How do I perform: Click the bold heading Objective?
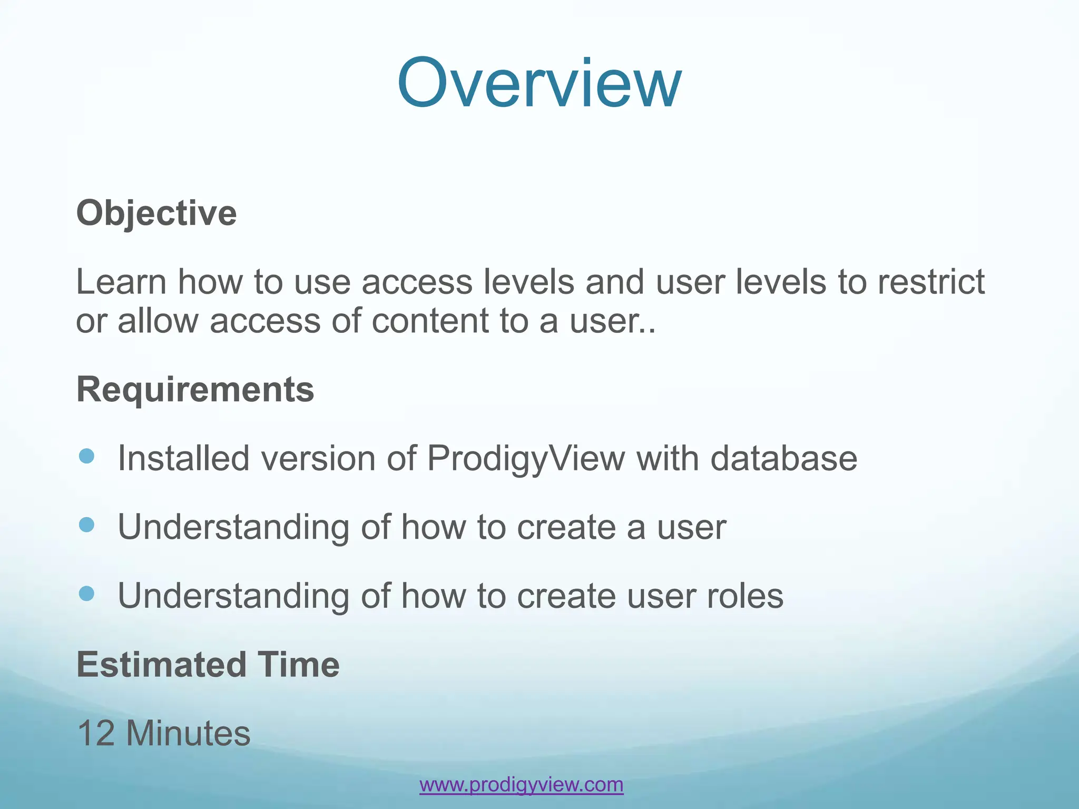pos(156,213)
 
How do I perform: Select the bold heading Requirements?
pos(195,390)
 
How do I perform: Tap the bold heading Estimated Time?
pos(208,665)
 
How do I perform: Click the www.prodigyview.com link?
pos(521,784)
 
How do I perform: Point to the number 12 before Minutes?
pos(96,733)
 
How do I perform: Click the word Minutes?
pos(188,733)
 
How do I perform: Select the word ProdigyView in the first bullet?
pos(526,458)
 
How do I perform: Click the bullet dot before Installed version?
pos(86,456)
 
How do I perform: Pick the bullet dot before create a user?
pos(86,525)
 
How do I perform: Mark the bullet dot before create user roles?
pos(86,594)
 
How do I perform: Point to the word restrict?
pos(931,282)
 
